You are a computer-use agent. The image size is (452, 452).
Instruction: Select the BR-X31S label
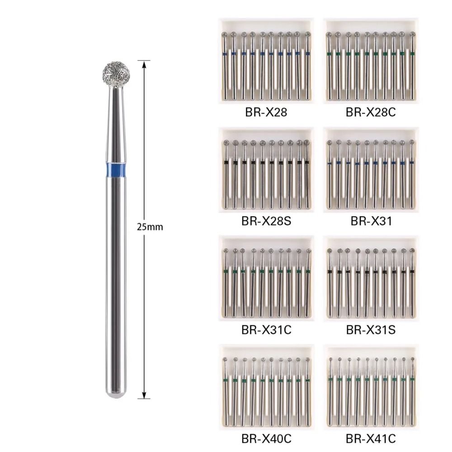pos(371,330)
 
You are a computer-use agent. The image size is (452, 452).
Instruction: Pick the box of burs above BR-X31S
pos(371,278)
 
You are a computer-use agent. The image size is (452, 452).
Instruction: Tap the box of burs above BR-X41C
pos(371,387)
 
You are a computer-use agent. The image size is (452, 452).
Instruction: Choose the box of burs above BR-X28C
pos(371,61)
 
